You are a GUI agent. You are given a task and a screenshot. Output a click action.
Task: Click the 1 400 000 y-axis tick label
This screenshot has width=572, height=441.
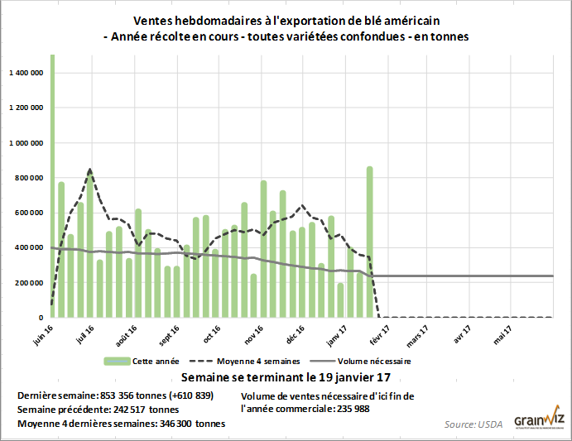pyautogui.click(x=26, y=73)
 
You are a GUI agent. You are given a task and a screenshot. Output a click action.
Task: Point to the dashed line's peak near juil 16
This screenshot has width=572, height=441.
pyautogui.click(x=89, y=170)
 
